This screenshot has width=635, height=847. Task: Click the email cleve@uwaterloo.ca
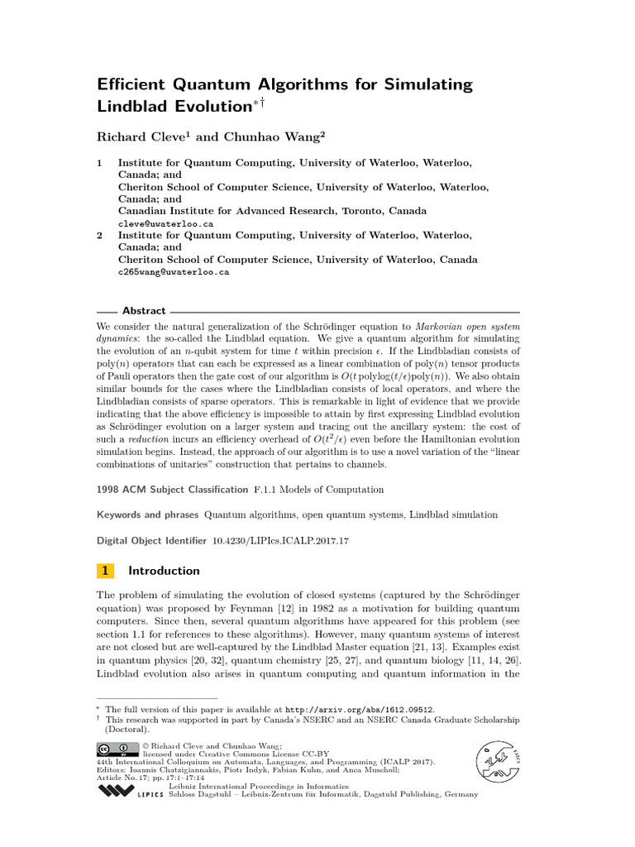point(165,223)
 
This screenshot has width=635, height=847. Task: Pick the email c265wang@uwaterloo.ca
point(174,271)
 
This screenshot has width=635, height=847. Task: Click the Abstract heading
point(144,311)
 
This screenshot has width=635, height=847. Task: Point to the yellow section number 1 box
point(105,571)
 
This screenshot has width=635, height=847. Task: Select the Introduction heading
point(164,571)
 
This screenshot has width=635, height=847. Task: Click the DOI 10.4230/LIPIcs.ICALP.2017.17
point(280,540)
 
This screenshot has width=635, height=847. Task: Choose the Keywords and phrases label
point(147,514)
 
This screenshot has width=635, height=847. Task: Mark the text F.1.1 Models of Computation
point(307,490)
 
